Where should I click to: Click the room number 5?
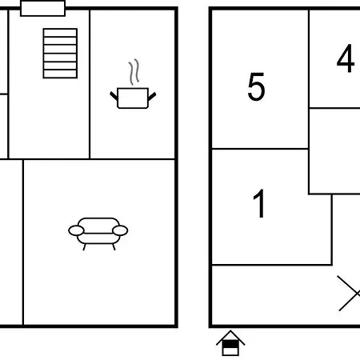pyautogui.click(x=256, y=86)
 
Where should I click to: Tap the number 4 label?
pyautogui.click(x=346, y=58)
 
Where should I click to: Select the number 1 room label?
pyautogui.click(x=259, y=203)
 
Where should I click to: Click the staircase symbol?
pyautogui.click(x=60, y=54)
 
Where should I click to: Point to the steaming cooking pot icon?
pyautogui.click(x=133, y=84)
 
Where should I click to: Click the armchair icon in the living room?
pyautogui.click(x=98, y=234)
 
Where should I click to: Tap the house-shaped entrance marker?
pyautogui.click(x=230, y=343)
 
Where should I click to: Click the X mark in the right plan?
pyautogui.click(x=349, y=294)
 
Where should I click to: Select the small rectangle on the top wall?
pyautogui.click(x=42, y=8)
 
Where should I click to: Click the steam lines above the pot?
pyautogui.click(x=134, y=71)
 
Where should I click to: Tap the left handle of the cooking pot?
pyautogui.click(x=114, y=96)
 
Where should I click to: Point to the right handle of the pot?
pyautogui.click(x=152, y=97)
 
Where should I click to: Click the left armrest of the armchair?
pyautogui.click(x=76, y=230)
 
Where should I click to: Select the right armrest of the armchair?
pyautogui.click(x=120, y=230)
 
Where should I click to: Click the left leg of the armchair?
pyautogui.click(x=84, y=247)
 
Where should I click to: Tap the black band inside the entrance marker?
pyautogui.click(x=230, y=344)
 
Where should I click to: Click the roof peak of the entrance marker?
pyautogui.click(x=230, y=331)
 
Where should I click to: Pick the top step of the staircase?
pyautogui.click(x=60, y=33)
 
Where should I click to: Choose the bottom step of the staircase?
pyautogui.click(x=60, y=74)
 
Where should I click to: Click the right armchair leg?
pyautogui.click(x=114, y=247)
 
